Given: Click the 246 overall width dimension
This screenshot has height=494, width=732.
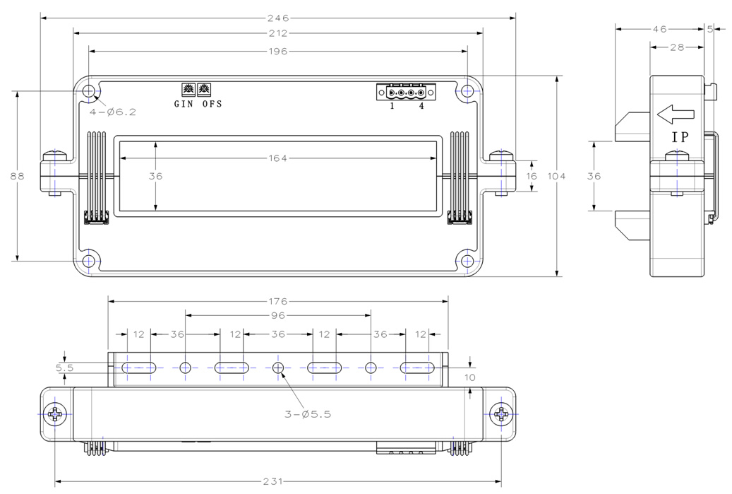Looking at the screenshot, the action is [278, 18].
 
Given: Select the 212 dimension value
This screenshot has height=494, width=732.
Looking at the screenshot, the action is [278, 33].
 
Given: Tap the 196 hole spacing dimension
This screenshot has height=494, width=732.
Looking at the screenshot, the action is [278, 51].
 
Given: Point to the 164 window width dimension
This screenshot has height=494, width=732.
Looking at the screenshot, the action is [278, 158].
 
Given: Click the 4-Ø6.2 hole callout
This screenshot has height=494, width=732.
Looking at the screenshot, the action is [113, 112].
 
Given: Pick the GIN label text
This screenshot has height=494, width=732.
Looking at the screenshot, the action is [184, 104].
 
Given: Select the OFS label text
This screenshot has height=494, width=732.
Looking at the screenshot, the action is [212, 104].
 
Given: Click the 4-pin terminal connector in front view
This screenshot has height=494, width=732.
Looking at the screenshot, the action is [406, 92].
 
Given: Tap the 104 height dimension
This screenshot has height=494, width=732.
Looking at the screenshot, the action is [556, 176].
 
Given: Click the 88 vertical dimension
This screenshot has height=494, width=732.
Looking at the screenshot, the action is [17, 176].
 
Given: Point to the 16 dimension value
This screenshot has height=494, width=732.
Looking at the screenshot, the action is [532, 176].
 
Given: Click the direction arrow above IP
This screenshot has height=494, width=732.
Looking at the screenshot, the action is [676, 114].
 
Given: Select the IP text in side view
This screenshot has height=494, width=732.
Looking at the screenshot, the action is [680, 137].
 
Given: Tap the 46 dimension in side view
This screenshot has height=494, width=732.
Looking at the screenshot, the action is [659, 29].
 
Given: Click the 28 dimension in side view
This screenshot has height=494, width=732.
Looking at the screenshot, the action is [678, 47].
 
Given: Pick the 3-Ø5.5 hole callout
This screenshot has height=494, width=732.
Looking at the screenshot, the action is [308, 414].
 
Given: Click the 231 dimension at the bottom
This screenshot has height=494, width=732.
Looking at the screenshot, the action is [273, 481].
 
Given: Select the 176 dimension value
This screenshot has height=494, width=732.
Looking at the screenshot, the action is [278, 302].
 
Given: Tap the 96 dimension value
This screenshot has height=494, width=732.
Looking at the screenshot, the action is [278, 315].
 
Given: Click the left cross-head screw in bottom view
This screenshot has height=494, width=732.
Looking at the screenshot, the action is [55, 414].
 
